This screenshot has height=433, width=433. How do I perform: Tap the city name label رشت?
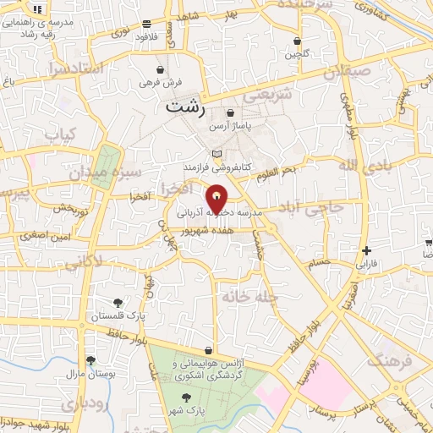tap(186, 108)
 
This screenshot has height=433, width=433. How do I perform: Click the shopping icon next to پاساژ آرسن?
tap(231, 112)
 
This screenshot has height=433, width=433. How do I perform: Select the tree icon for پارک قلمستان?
tap(118, 303)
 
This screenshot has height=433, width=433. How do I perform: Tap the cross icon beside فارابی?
tap(365, 250)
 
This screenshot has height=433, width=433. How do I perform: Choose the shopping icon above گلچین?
tap(297, 41)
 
